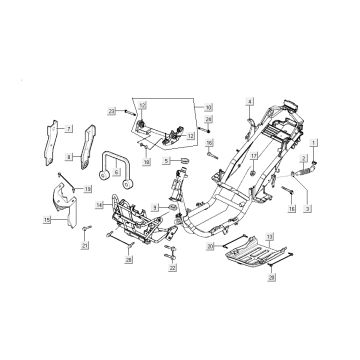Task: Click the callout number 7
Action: pos(69,130)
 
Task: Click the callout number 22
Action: pos(173,268)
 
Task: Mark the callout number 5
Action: pos(167,162)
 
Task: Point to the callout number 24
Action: pos(207,120)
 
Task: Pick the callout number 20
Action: pos(210,245)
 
